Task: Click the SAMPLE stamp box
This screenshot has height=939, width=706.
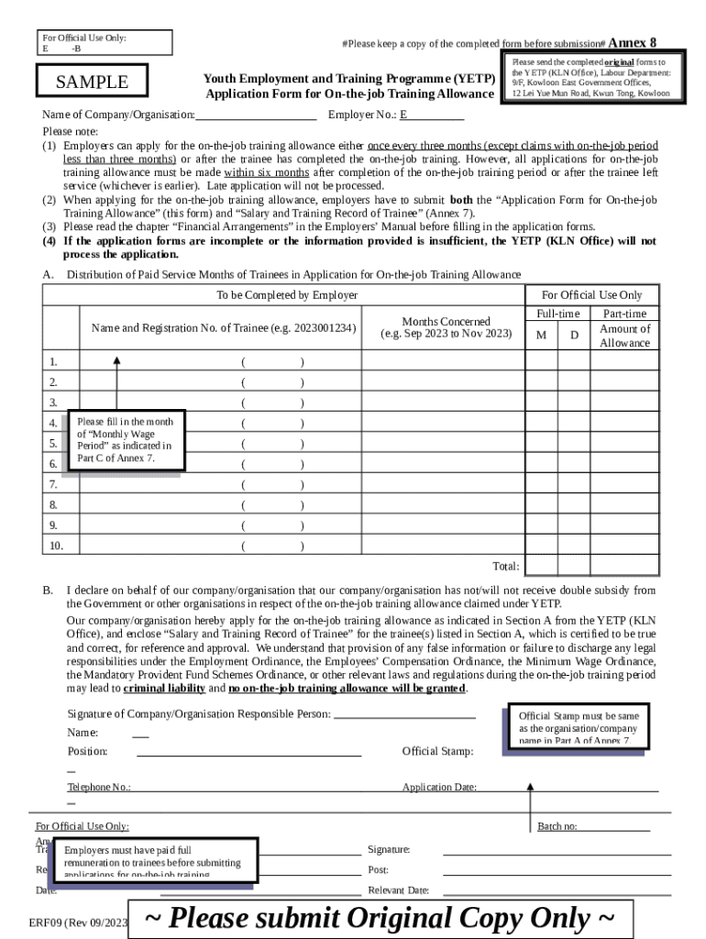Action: [93, 82]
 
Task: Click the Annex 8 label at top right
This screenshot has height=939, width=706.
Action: [632, 43]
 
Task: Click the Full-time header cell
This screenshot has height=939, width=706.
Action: [557, 314]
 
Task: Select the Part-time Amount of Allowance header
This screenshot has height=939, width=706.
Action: [624, 328]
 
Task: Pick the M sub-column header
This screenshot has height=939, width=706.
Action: [541, 336]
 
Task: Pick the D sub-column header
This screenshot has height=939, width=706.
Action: [574, 336]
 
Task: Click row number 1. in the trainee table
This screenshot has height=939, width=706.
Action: [54, 361]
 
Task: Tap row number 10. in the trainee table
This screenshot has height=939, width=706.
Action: [56, 546]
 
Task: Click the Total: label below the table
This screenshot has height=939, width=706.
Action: [505, 567]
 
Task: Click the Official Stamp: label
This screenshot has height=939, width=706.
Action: [437, 752]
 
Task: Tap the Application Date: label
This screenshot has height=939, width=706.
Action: [439, 787]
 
